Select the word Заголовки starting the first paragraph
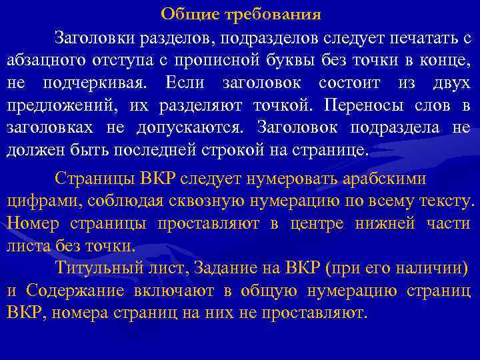click(94, 37)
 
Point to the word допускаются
click(191, 128)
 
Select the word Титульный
click(97, 269)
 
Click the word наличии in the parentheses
click(430, 269)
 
